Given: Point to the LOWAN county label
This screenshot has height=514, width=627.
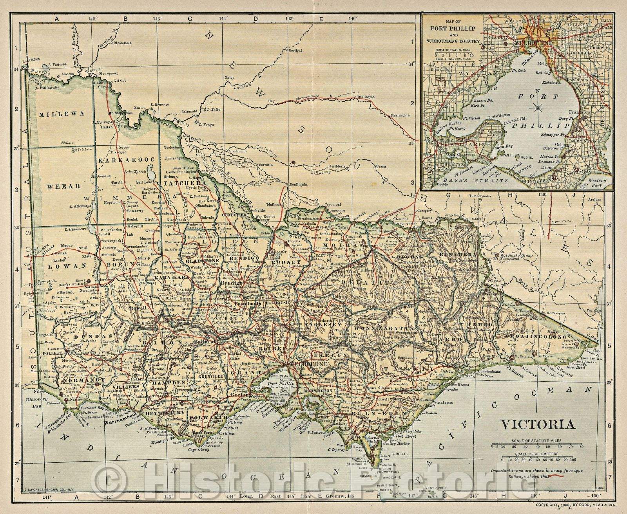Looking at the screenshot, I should click(x=62, y=265).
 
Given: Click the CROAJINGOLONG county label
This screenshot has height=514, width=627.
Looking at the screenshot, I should click(x=536, y=337).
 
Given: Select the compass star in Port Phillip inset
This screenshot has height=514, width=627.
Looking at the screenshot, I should click(x=538, y=106).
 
